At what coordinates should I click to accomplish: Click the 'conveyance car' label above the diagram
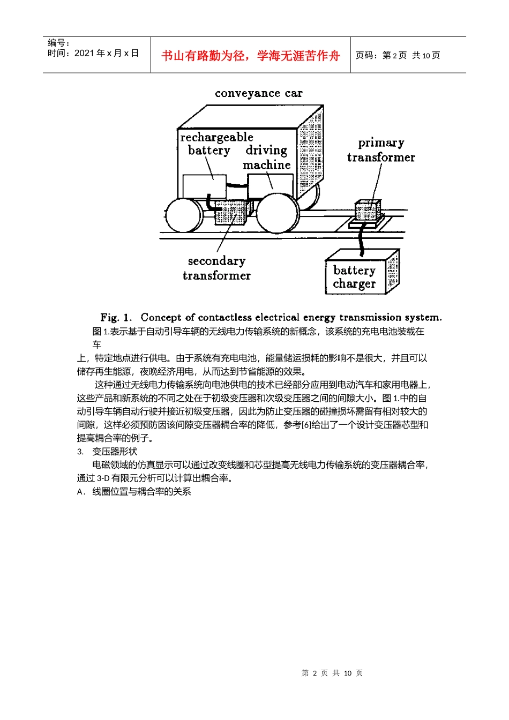coord(259,93)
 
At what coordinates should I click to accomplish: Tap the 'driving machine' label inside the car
coord(266,157)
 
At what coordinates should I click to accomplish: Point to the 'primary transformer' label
coord(381,150)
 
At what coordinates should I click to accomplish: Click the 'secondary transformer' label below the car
coord(216,268)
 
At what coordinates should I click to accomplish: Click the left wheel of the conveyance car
coord(184,215)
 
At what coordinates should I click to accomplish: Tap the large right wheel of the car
coord(278,213)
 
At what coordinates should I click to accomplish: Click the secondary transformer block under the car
coord(230,213)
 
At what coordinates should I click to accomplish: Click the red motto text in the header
coord(250,56)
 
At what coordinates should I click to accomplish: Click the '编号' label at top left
coord(58,43)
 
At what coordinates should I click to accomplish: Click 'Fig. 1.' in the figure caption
coord(116,317)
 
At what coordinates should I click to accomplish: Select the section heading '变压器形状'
coord(115,452)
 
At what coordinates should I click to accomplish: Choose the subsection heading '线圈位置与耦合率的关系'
coord(141,491)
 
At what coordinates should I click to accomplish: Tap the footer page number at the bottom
coord(332,673)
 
